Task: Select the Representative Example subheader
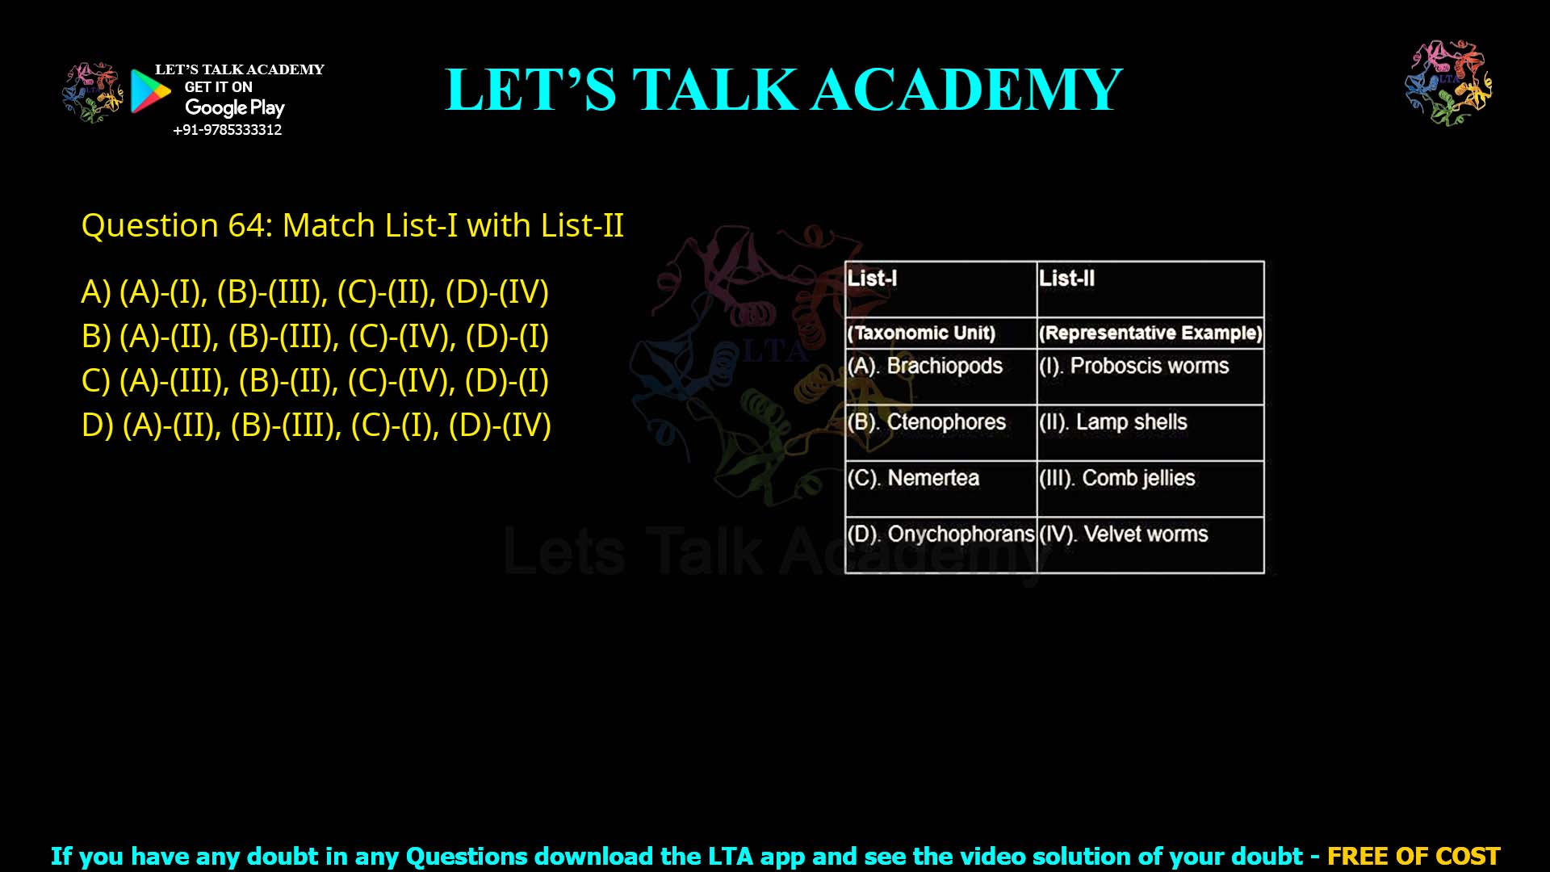(1150, 333)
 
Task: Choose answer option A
(315, 292)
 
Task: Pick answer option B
(315, 337)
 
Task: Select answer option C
(315, 381)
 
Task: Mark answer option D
(316, 426)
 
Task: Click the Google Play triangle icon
(150, 90)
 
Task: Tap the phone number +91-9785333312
(228, 130)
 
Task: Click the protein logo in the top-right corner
(1448, 83)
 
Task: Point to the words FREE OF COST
(1414, 856)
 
